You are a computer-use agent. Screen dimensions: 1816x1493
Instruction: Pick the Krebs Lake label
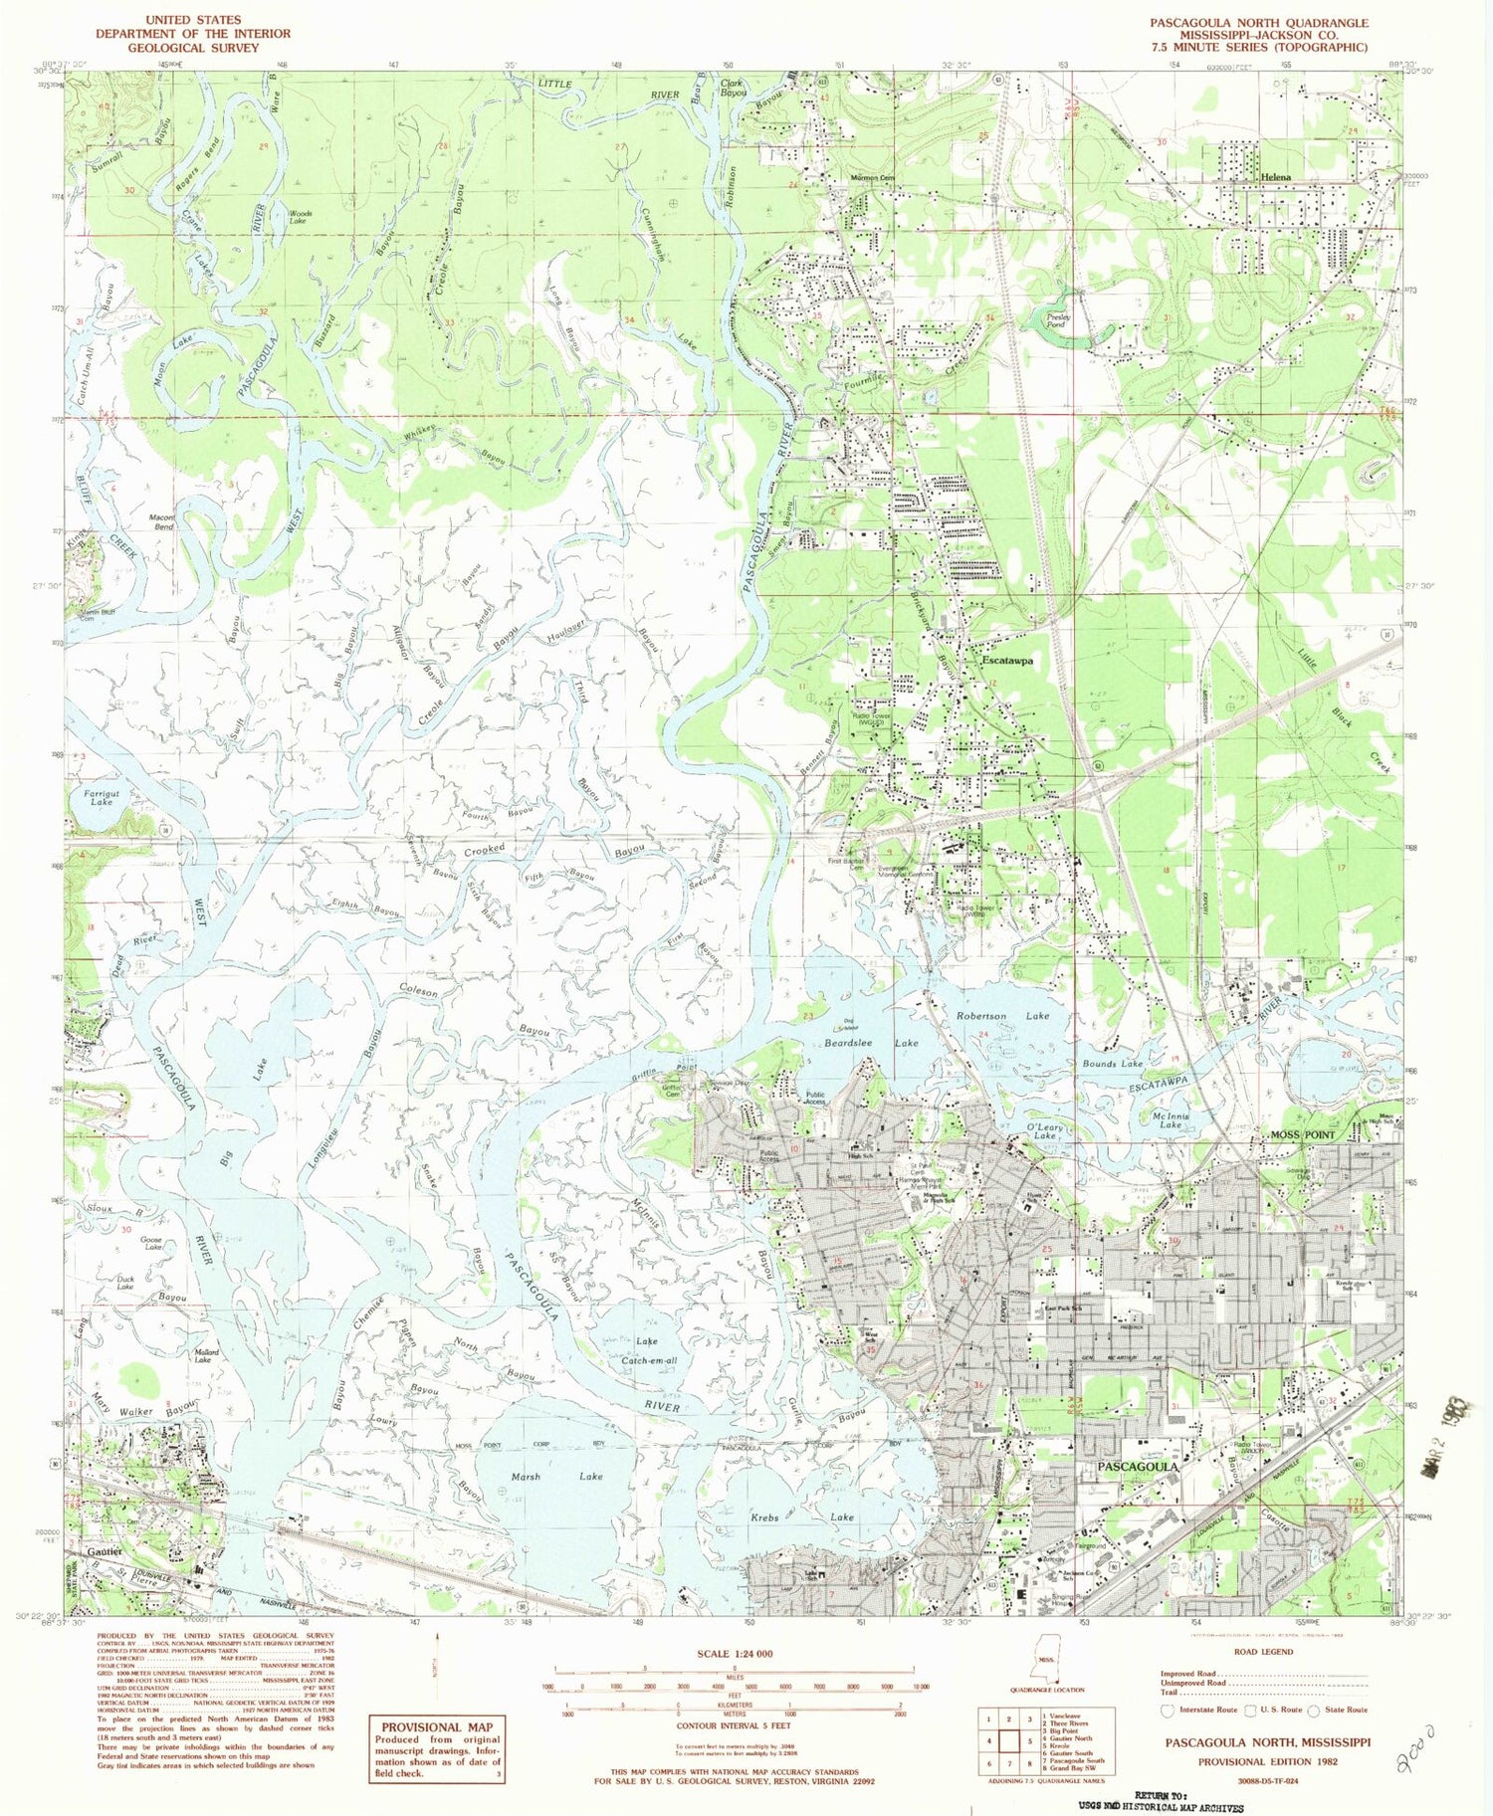pos(801,1517)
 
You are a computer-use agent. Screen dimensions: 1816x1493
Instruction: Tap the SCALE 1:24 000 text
pos(734,1653)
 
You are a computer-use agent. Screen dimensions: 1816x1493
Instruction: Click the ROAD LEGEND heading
pos(1263,1652)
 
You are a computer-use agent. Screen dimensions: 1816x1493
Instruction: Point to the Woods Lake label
pos(300,217)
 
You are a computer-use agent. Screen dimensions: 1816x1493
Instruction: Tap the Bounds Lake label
pos(1113,1064)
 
